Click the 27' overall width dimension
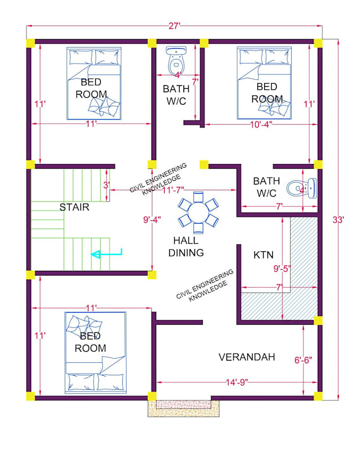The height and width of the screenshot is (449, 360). click(174, 26)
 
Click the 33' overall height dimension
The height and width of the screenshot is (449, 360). click(338, 219)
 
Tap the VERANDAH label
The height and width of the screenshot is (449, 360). click(247, 357)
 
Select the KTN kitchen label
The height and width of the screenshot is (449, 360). click(264, 254)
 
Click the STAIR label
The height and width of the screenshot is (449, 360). click(74, 207)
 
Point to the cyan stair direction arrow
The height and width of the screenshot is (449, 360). click(106, 254)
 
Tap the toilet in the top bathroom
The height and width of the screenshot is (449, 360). click(176, 61)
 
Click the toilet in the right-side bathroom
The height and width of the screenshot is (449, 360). click(302, 188)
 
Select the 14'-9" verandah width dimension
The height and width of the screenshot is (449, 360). click(237, 382)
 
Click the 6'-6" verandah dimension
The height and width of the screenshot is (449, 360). click(303, 360)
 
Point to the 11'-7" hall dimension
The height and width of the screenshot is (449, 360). click(173, 190)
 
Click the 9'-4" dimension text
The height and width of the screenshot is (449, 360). click(152, 219)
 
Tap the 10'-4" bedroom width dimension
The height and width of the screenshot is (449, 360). click(261, 124)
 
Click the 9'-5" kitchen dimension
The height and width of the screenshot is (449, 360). click(282, 269)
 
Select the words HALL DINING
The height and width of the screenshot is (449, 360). click(186, 246)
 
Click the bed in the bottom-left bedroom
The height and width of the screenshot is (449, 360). click(95, 353)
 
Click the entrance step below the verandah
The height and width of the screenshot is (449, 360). click(184, 408)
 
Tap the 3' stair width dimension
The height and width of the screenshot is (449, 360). click(106, 185)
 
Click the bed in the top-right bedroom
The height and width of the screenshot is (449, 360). click(264, 83)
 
